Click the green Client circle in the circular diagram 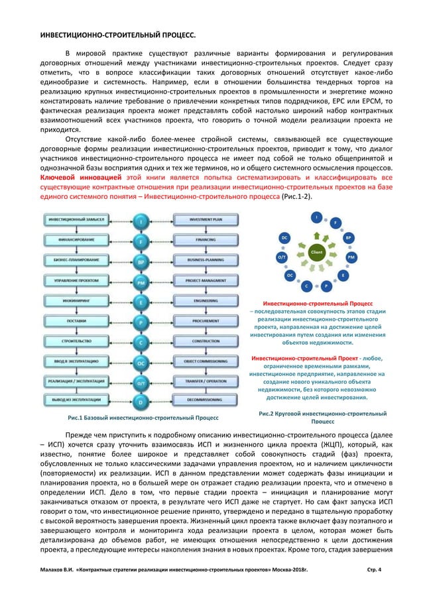316,253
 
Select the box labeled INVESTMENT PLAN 200,219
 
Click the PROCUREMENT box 200,321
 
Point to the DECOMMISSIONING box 200,402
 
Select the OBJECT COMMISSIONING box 200,361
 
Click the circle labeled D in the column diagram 141,402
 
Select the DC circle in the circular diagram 284,237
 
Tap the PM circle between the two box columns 141,282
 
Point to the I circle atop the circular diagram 317,217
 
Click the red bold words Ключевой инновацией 70,178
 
